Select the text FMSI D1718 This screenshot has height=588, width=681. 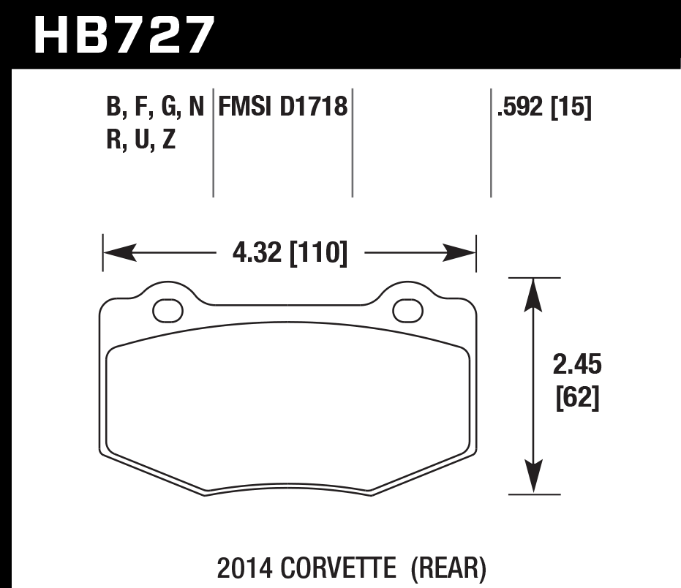click(282, 108)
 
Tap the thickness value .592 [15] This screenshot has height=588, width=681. click(543, 108)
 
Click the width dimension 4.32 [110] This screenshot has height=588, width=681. click(289, 254)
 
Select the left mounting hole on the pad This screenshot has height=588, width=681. click(168, 310)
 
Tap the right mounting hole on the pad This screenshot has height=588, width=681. click(407, 310)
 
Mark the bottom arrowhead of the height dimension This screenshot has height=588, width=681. click(535, 479)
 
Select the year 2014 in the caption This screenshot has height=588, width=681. click(241, 567)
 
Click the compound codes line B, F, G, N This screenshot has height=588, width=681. click(155, 108)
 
